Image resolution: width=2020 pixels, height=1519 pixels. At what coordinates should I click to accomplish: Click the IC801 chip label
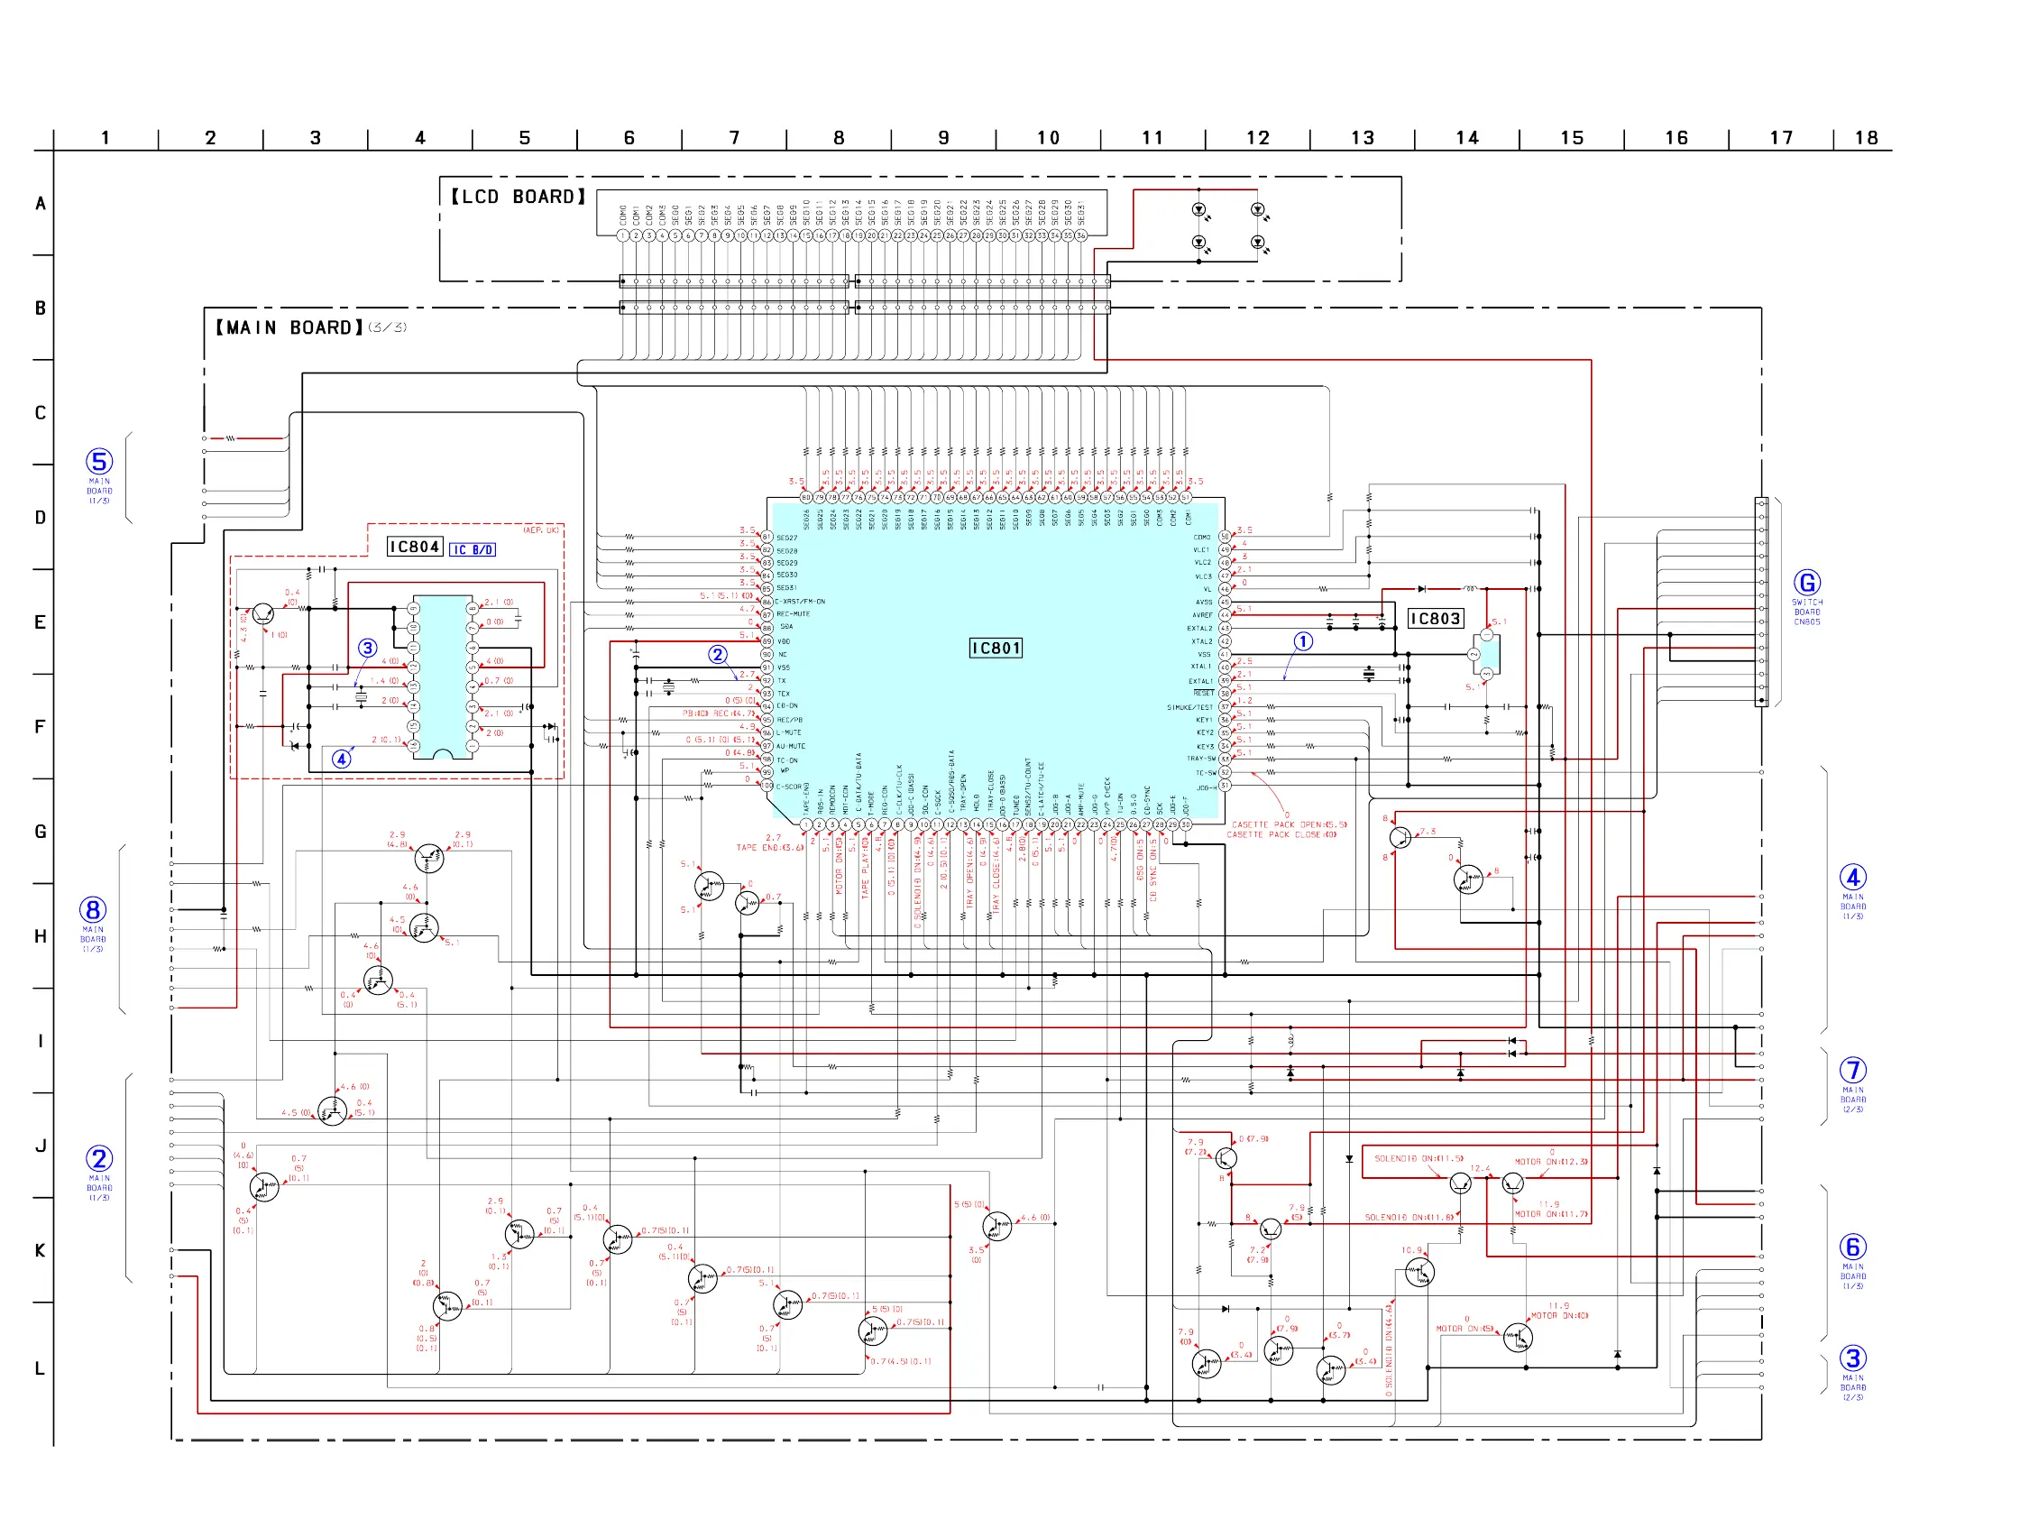[995, 649]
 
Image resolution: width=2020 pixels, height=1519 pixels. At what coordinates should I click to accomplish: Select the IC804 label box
[415, 548]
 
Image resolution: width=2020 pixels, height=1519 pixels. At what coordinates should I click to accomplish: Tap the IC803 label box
[1435, 620]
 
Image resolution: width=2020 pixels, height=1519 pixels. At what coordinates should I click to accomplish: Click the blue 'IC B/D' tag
[473, 550]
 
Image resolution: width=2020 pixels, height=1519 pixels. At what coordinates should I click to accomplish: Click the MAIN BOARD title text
[289, 328]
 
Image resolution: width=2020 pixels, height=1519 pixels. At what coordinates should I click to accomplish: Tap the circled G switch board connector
[1806, 583]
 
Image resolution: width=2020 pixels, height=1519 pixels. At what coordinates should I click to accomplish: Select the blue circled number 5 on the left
[99, 462]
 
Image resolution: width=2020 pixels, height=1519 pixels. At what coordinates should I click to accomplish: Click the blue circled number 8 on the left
[93, 911]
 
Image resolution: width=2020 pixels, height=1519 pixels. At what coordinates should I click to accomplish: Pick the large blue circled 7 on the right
[1852, 1071]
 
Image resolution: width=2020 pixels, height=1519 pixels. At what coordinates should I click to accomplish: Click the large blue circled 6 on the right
[1852, 1247]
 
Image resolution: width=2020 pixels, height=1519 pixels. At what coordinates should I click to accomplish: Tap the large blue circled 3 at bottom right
[1852, 1359]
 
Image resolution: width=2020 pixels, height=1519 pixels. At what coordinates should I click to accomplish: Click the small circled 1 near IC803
[1303, 642]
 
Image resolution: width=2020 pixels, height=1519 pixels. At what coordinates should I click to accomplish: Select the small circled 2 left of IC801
[718, 655]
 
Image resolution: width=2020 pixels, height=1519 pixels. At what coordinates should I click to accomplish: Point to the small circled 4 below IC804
[342, 759]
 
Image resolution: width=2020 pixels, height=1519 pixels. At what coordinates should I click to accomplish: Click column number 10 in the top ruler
[1048, 138]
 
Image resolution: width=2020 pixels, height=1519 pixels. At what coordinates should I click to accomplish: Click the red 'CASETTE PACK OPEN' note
[1289, 824]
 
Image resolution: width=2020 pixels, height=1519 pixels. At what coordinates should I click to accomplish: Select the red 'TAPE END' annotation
[769, 848]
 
